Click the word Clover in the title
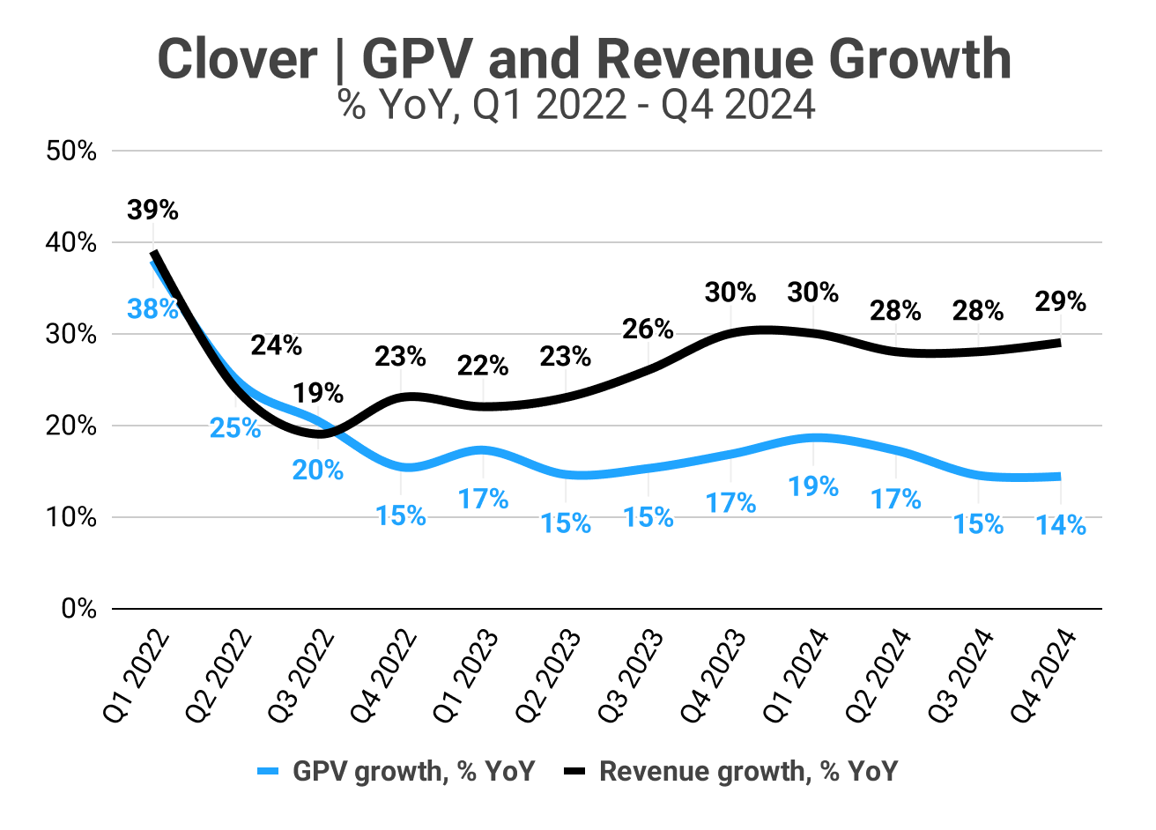pyautogui.click(x=237, y=60)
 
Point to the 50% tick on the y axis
pyautogui.click(x=71, y=151)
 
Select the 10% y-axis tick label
pyautogui.click(x=71, y=517)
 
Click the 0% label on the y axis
pyautogui.click(x=78, y=609)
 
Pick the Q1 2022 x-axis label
pyautogui.click(x=137, y=676)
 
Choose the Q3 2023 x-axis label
pyautogui.click(x=631, y=676)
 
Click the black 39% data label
pyautogui.click(x=152, y=211)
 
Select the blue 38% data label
pyautogui.click(x=152, y=308)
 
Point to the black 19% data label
pyautogui.click(x=318, y=393)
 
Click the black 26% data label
pyautogui.click(x=648, y=330)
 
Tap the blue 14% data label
pyautogui.click(x=1061, y=525)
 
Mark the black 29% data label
pyautogui.click(x=1061, y=302)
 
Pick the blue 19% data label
pyautogui.click(x=812, y=486)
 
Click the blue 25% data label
pyautogui.click(x=235, y=428)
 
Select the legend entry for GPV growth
pyautogui.click(x=396, y=771)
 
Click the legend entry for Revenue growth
pyautogui.click(x=731, y=771)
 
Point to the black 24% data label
pyautogui.click(x=276, y=345)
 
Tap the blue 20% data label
pyautogui.click(x=318, y=471)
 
